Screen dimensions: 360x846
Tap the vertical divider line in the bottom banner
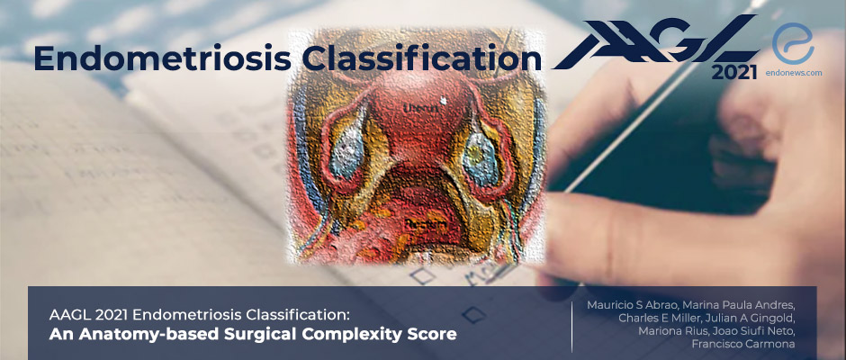coord(571,323)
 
